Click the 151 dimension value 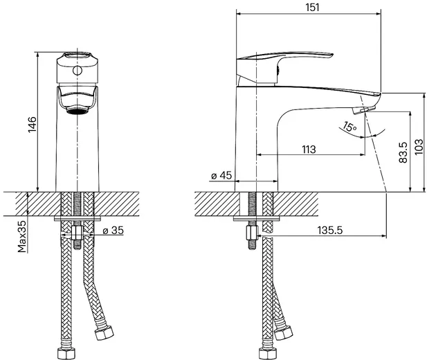click(x=312, y=7)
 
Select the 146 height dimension click(x=33, y=125)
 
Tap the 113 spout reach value click(x=309, y=150)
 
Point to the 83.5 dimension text click(x=403, y=152)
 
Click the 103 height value click(x=419, y=147)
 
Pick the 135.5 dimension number click(x=330, y=231)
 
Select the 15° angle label click(x=349, y=127)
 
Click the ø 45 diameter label click(x=221, y=176)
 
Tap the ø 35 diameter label click(x=113, y=231)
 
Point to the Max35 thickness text click(x=22, y=236)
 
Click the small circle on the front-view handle click(x=78, y=71)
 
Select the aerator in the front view click(x=78, y=110)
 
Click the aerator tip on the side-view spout click(x=364, y=110)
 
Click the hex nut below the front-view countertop click(x=78, y=233)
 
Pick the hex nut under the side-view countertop click(x=252, y=233)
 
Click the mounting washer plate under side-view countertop click(x=257, y=218)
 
